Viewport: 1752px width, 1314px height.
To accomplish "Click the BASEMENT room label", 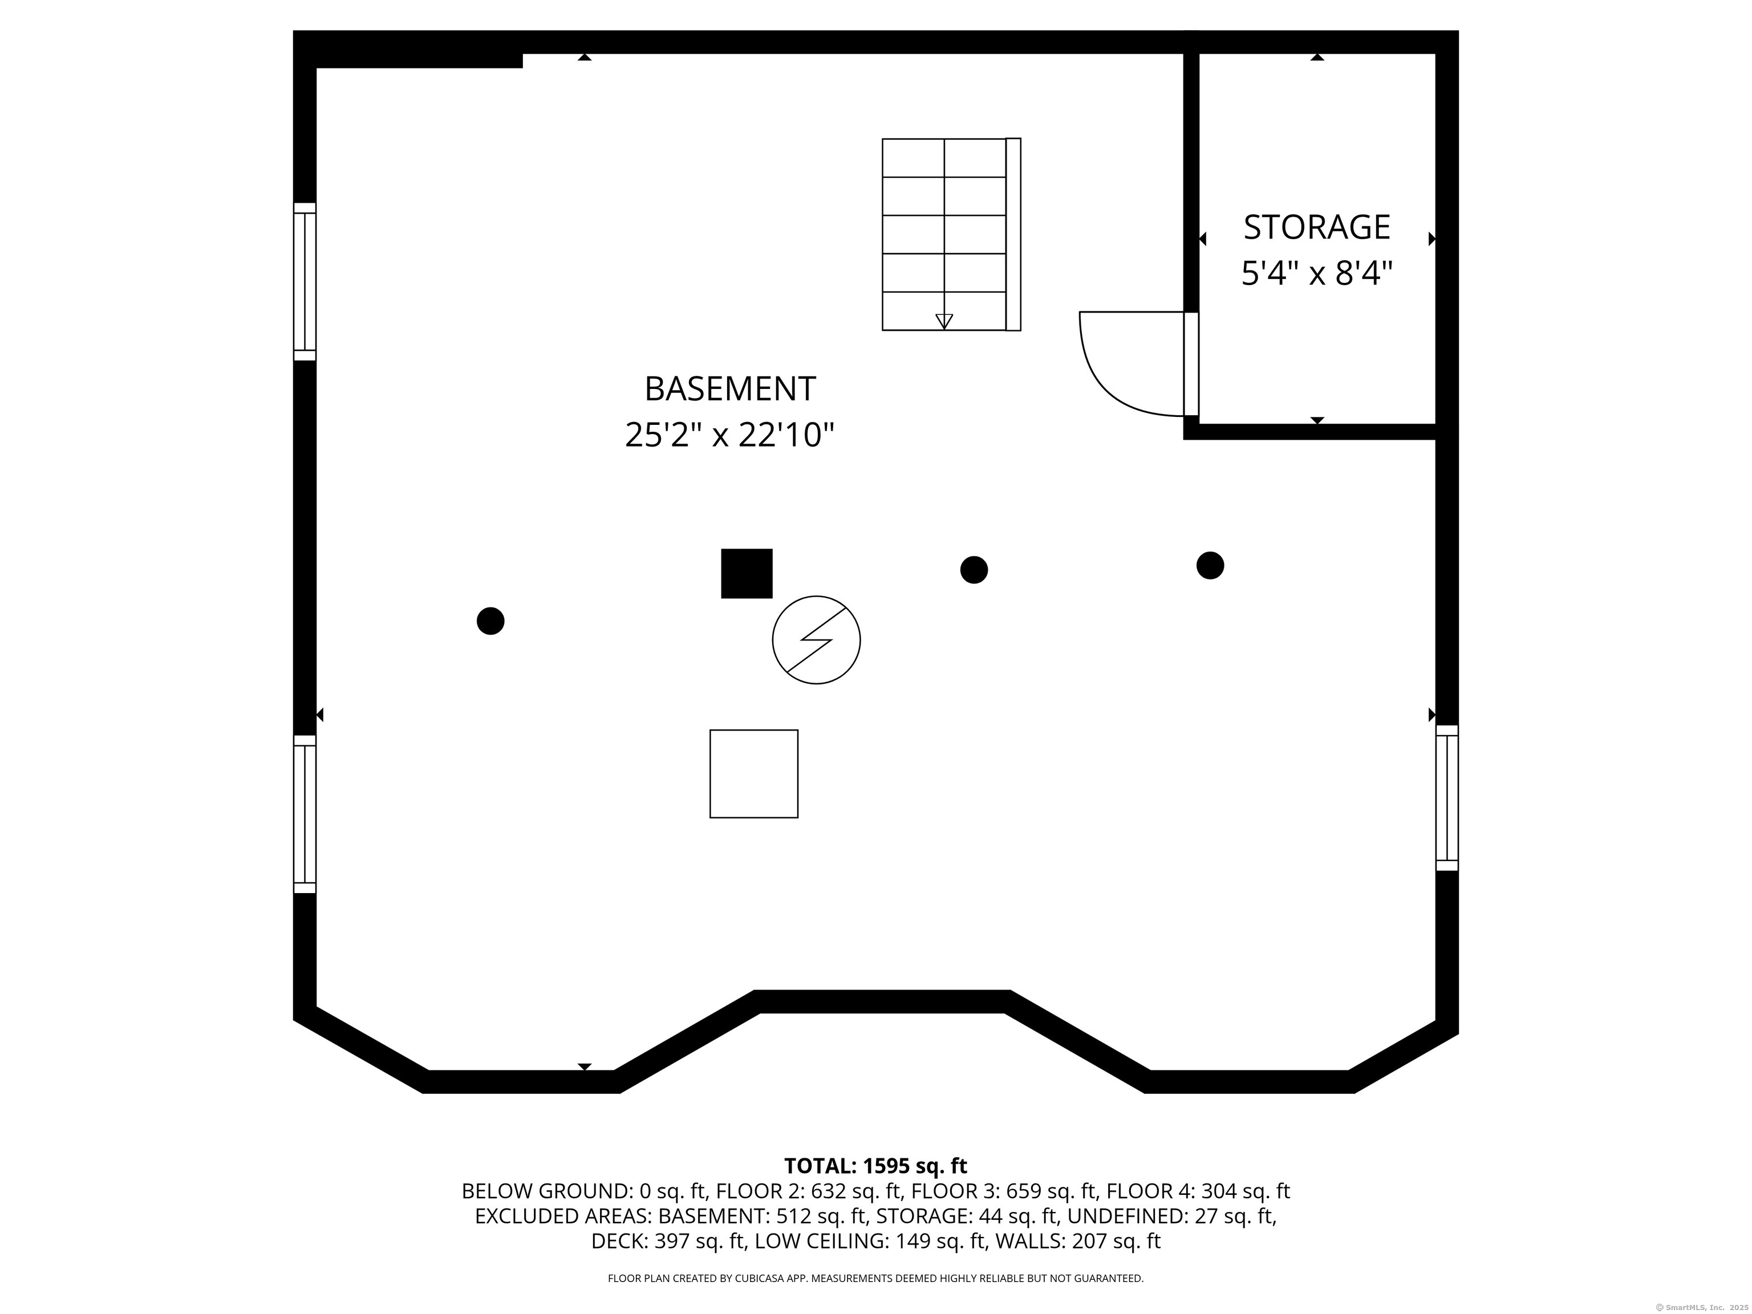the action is [x=729, y=389].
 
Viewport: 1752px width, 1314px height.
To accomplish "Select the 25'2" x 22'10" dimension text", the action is [x=729, y=435].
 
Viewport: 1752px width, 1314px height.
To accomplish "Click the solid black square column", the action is [x=746, y=573].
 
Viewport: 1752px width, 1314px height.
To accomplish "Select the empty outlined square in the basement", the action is [x=753, y=774].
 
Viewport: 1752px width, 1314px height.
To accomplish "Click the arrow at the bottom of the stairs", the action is [x=944, y=321].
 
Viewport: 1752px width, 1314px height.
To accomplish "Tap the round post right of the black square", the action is [x=974, y=570].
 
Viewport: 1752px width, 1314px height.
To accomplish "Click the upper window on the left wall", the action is [x=305, y=282].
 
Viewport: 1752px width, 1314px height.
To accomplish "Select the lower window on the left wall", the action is [x=305, y=814].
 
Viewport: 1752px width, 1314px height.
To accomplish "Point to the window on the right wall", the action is [x=1447, y=798].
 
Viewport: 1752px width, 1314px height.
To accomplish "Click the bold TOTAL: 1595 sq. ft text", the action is [x=875, y=1166].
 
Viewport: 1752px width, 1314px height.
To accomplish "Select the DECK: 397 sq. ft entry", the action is [x=668, y=1241].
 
